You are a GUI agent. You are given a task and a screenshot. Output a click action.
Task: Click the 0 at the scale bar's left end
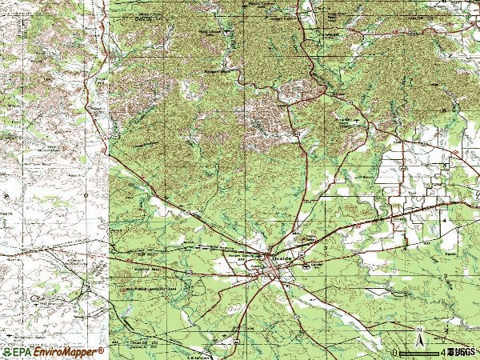tap(394, 352)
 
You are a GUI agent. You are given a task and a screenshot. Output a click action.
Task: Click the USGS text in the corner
tap(462, 352)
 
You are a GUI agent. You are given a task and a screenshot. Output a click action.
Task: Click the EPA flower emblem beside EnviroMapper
tap(6, 352)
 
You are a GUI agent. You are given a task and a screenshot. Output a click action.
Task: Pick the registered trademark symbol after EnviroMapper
tap(102, 350)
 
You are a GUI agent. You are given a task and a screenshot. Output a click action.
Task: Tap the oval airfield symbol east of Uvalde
tap(306, 269)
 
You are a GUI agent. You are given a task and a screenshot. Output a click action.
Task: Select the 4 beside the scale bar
tap(442, 352)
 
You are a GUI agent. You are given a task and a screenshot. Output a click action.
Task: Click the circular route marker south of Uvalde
tap(294, 317)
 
